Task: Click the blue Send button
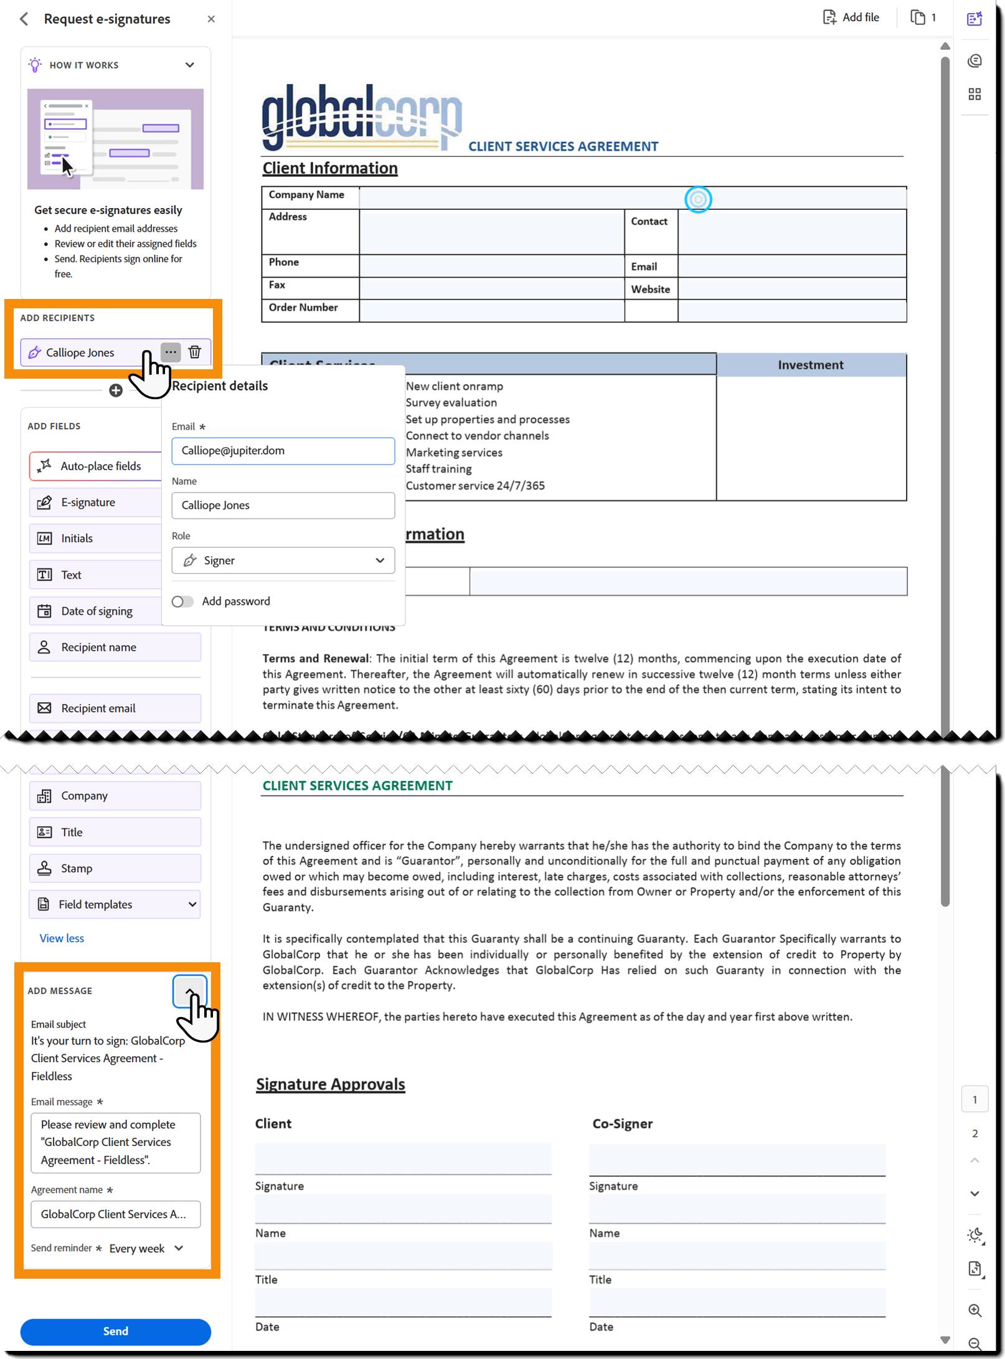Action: pos(115,1331)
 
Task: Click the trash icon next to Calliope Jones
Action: pos(195,352)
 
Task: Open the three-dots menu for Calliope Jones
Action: pos(171,352)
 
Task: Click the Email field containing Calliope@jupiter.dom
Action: pos(283,450)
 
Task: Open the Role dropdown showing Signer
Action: pos(283,561)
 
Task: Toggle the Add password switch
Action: pos(182,601)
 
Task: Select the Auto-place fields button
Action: pos(97,466)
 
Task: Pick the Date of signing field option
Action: pos(97,611)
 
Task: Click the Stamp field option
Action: pos(115,868)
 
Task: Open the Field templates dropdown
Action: pos(115,904)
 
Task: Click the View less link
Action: pos(62,939)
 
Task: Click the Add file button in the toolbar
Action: pos(851,17)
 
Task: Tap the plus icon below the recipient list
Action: pos(116,391)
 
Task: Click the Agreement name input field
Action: pos(115,1214)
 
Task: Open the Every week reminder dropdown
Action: pos(146,1248)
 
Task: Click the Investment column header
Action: pos(810,365)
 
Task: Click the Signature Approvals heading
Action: pos(330,1084)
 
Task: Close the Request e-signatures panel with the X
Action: pos(211,19)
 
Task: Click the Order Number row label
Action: pos(303,308)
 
